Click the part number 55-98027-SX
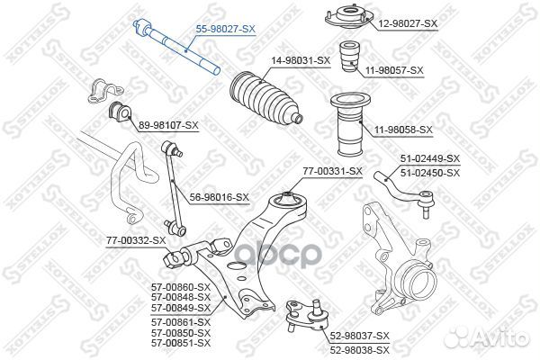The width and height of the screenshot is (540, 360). tap(226, 30)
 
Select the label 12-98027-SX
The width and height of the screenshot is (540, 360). tap(408, 22)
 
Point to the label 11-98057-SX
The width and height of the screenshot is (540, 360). tap(395, 69)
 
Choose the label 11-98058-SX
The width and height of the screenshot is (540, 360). tap(401, 130)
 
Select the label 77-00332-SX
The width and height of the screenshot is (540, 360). tap(135, 239)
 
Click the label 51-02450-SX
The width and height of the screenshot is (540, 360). tap(429, 172)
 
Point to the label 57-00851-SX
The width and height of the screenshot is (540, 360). tap(180, 342)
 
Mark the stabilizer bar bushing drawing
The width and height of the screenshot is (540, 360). tap(120, 112)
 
